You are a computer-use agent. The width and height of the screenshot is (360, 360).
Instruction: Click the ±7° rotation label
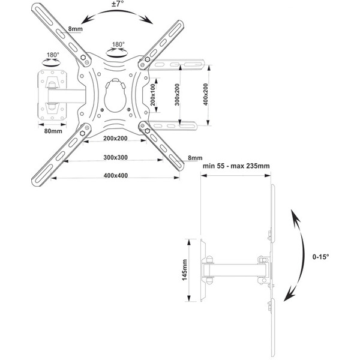[x=118, y=4]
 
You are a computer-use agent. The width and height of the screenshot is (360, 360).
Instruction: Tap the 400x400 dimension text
[x=116, y=176]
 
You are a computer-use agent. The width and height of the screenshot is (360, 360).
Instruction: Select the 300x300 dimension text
[x=115, y=157]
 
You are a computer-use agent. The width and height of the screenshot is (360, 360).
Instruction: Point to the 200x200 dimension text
[x=115, y=139]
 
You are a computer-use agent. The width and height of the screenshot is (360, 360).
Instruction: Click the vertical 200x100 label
[x=153, y=95]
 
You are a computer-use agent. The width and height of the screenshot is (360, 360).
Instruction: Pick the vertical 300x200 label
[x=177, y=95]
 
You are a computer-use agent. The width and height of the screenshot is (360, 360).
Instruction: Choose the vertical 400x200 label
[x=206, y=95]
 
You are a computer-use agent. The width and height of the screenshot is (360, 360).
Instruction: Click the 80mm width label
[x=53, y=131]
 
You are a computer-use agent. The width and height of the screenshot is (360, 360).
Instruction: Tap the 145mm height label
[x=185, y=270]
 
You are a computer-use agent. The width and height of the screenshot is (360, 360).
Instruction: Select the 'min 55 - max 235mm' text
[x=236, y=166]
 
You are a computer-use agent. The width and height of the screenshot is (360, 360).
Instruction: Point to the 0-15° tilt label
[x=320, y=257]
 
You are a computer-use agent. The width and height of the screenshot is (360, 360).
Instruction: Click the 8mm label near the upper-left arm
[x=76, y=29]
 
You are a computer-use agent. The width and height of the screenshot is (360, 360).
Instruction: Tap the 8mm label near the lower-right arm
[x=195, y=158]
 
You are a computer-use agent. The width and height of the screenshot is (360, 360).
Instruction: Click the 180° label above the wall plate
[x=53, y=55]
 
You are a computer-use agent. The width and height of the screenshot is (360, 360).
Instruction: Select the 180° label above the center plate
[x=118, y=44]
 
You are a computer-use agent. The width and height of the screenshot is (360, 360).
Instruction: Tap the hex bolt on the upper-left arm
[x=83, y=58]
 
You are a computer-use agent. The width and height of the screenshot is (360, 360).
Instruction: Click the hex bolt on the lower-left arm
[x=82, y=133]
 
